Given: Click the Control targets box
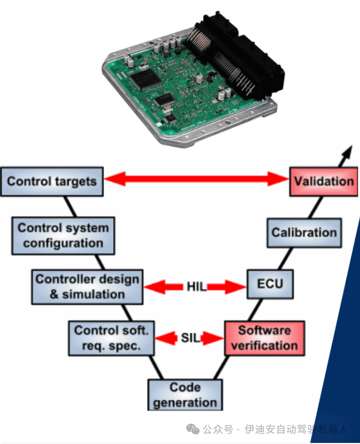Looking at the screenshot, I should [x=52, y=181].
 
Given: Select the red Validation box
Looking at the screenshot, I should [x=323, y=181].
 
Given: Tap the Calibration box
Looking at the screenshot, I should [x=303, y=232].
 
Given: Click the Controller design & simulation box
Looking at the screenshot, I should [x=87, y=286].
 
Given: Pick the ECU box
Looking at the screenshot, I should [x=270, y=284].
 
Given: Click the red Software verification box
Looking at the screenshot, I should [x=264, y=338].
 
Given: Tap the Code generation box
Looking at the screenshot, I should [x=185, y=395].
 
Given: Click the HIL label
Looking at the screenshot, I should [x=196, y=286].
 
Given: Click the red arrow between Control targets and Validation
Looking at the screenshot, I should [x=196, y=178].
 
